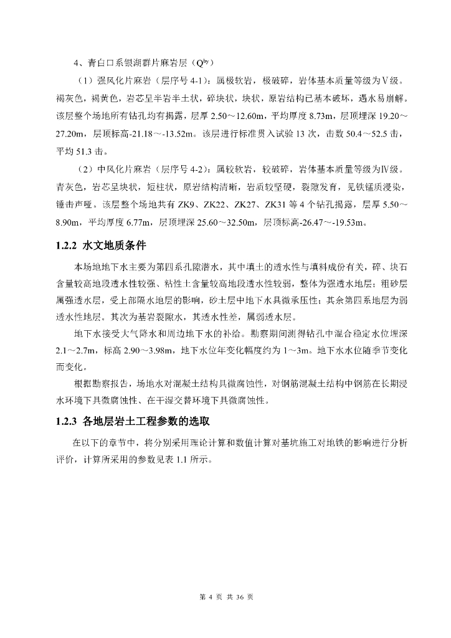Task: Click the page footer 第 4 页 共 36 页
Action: (225, 597)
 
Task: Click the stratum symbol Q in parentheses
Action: (199, 62)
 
